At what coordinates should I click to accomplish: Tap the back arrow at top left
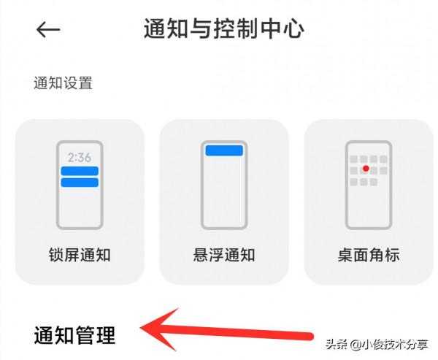tap(48, 29)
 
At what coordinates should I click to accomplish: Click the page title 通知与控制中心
tap(224, 28)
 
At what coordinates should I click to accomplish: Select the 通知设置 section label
tap(63, 83)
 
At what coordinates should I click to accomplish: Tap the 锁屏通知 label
tap(79, 255)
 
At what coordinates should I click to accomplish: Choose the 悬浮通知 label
tap(224, 255)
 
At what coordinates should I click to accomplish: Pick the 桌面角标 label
tap(369, 255)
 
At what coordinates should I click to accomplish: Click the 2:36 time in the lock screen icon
tap(80, 157)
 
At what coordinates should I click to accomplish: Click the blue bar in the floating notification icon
tap(224, 150)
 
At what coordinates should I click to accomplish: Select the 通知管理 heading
tap(74, 335)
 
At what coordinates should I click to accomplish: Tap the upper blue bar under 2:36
tap(80, 171)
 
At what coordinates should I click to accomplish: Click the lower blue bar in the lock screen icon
tap(80, 182)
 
